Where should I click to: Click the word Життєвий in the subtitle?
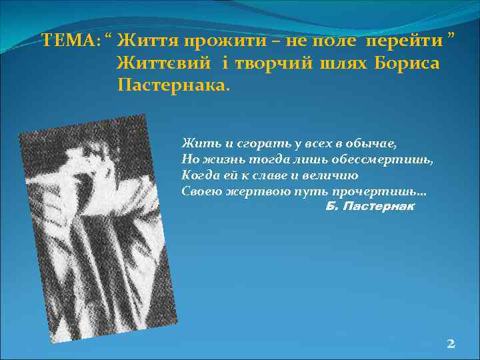click(163, 64)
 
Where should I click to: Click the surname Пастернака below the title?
click(172, 85)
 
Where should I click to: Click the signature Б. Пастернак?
click(370, 207)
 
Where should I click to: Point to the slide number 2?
click(451, 344)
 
